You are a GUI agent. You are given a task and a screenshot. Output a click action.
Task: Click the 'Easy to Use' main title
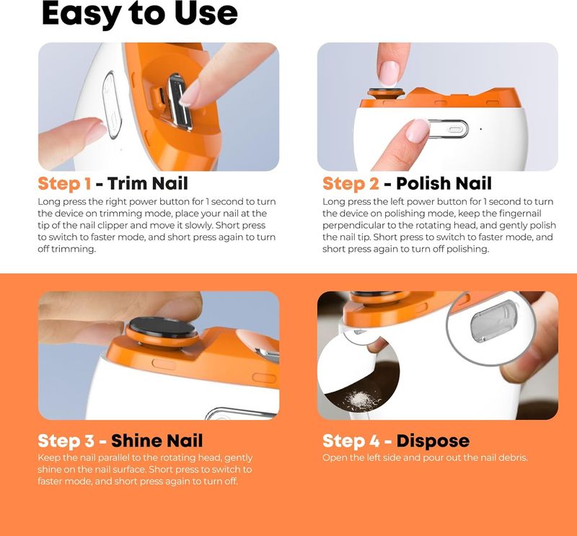coord(140,14)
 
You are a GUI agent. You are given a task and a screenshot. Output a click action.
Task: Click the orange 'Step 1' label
coord(64,183)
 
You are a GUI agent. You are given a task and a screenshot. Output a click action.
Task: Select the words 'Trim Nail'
coord(148,183)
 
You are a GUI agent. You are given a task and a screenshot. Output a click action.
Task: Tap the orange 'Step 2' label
coord(351,183)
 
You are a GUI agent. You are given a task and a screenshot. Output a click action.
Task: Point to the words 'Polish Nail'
coord(444,183)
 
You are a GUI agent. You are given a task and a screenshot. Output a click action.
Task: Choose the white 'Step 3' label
coord(66,441)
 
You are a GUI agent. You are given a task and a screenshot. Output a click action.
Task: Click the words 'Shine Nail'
coord(157,440)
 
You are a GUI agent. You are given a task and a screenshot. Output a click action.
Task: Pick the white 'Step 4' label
coord(351,441)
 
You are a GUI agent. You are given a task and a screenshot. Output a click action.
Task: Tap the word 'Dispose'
coord(433,441)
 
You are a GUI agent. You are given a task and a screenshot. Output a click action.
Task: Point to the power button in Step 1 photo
coord(112,105)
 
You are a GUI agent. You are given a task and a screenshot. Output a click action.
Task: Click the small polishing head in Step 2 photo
coord(386,92)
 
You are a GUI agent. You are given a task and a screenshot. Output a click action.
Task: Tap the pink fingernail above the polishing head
coord(389,74)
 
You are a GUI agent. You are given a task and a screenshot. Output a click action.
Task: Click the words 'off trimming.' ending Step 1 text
coord(66,249)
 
